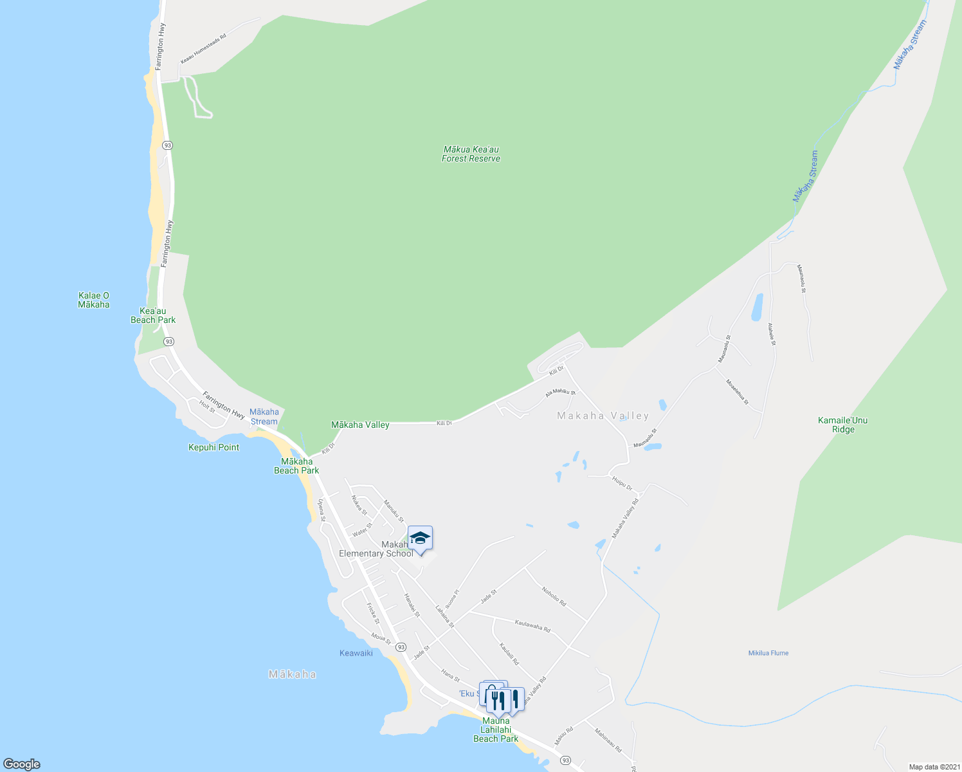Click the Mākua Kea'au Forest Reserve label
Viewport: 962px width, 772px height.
(x=471, y=154)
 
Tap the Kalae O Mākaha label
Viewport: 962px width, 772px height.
(x=94, y=300)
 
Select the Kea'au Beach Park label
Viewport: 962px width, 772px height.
(x=153, y=315)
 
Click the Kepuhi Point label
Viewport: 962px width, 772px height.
(x=213, y=447)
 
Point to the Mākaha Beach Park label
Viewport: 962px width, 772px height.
(x=296, y=466)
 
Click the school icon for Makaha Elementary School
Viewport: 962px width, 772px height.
(x=420, y=538)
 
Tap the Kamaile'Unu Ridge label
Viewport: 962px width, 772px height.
(x=842, y=425)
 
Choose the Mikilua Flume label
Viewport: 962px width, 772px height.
(x=768, y=653)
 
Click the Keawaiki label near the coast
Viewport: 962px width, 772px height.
(x=356, y=653)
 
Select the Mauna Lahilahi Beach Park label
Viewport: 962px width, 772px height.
(x=496, y=730)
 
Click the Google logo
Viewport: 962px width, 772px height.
(x=22, y=764)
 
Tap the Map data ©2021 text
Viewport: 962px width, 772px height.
(x=933, y=767)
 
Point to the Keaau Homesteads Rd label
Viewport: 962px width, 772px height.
(x=203, y=49)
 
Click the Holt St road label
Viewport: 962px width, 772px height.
(x=207, y=407)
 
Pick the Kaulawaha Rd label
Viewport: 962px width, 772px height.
(x=532, y=625)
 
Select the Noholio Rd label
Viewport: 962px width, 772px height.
(x=554, y=596)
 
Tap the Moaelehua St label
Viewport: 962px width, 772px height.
(x=737, y=392)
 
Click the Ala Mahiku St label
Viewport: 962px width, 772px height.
(x=560, y=391)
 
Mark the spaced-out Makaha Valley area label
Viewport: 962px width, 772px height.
(x=603, y=416)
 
